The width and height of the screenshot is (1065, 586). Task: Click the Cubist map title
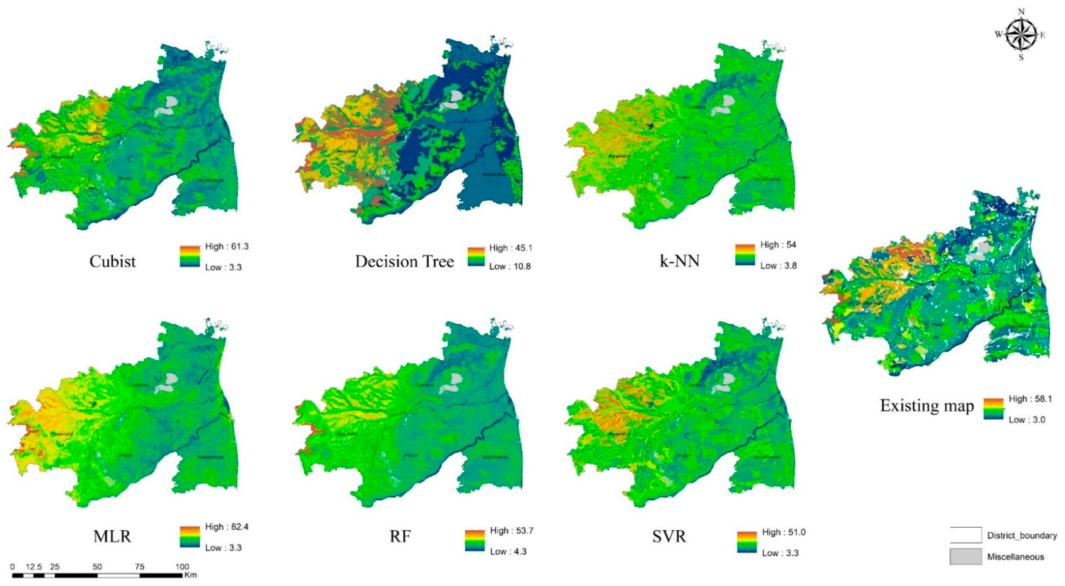[112, 262]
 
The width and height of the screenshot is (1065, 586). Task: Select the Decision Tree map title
[404, 262]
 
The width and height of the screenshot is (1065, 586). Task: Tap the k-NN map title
[679, 261]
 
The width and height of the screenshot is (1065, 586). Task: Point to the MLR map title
[112, 536]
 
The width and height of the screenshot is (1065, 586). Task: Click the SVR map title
[669, 536]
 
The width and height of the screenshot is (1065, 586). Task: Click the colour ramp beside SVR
[747, 543]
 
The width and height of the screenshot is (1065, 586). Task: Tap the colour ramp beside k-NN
[745, 254]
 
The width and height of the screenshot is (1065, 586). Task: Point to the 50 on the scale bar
[97, 566]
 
